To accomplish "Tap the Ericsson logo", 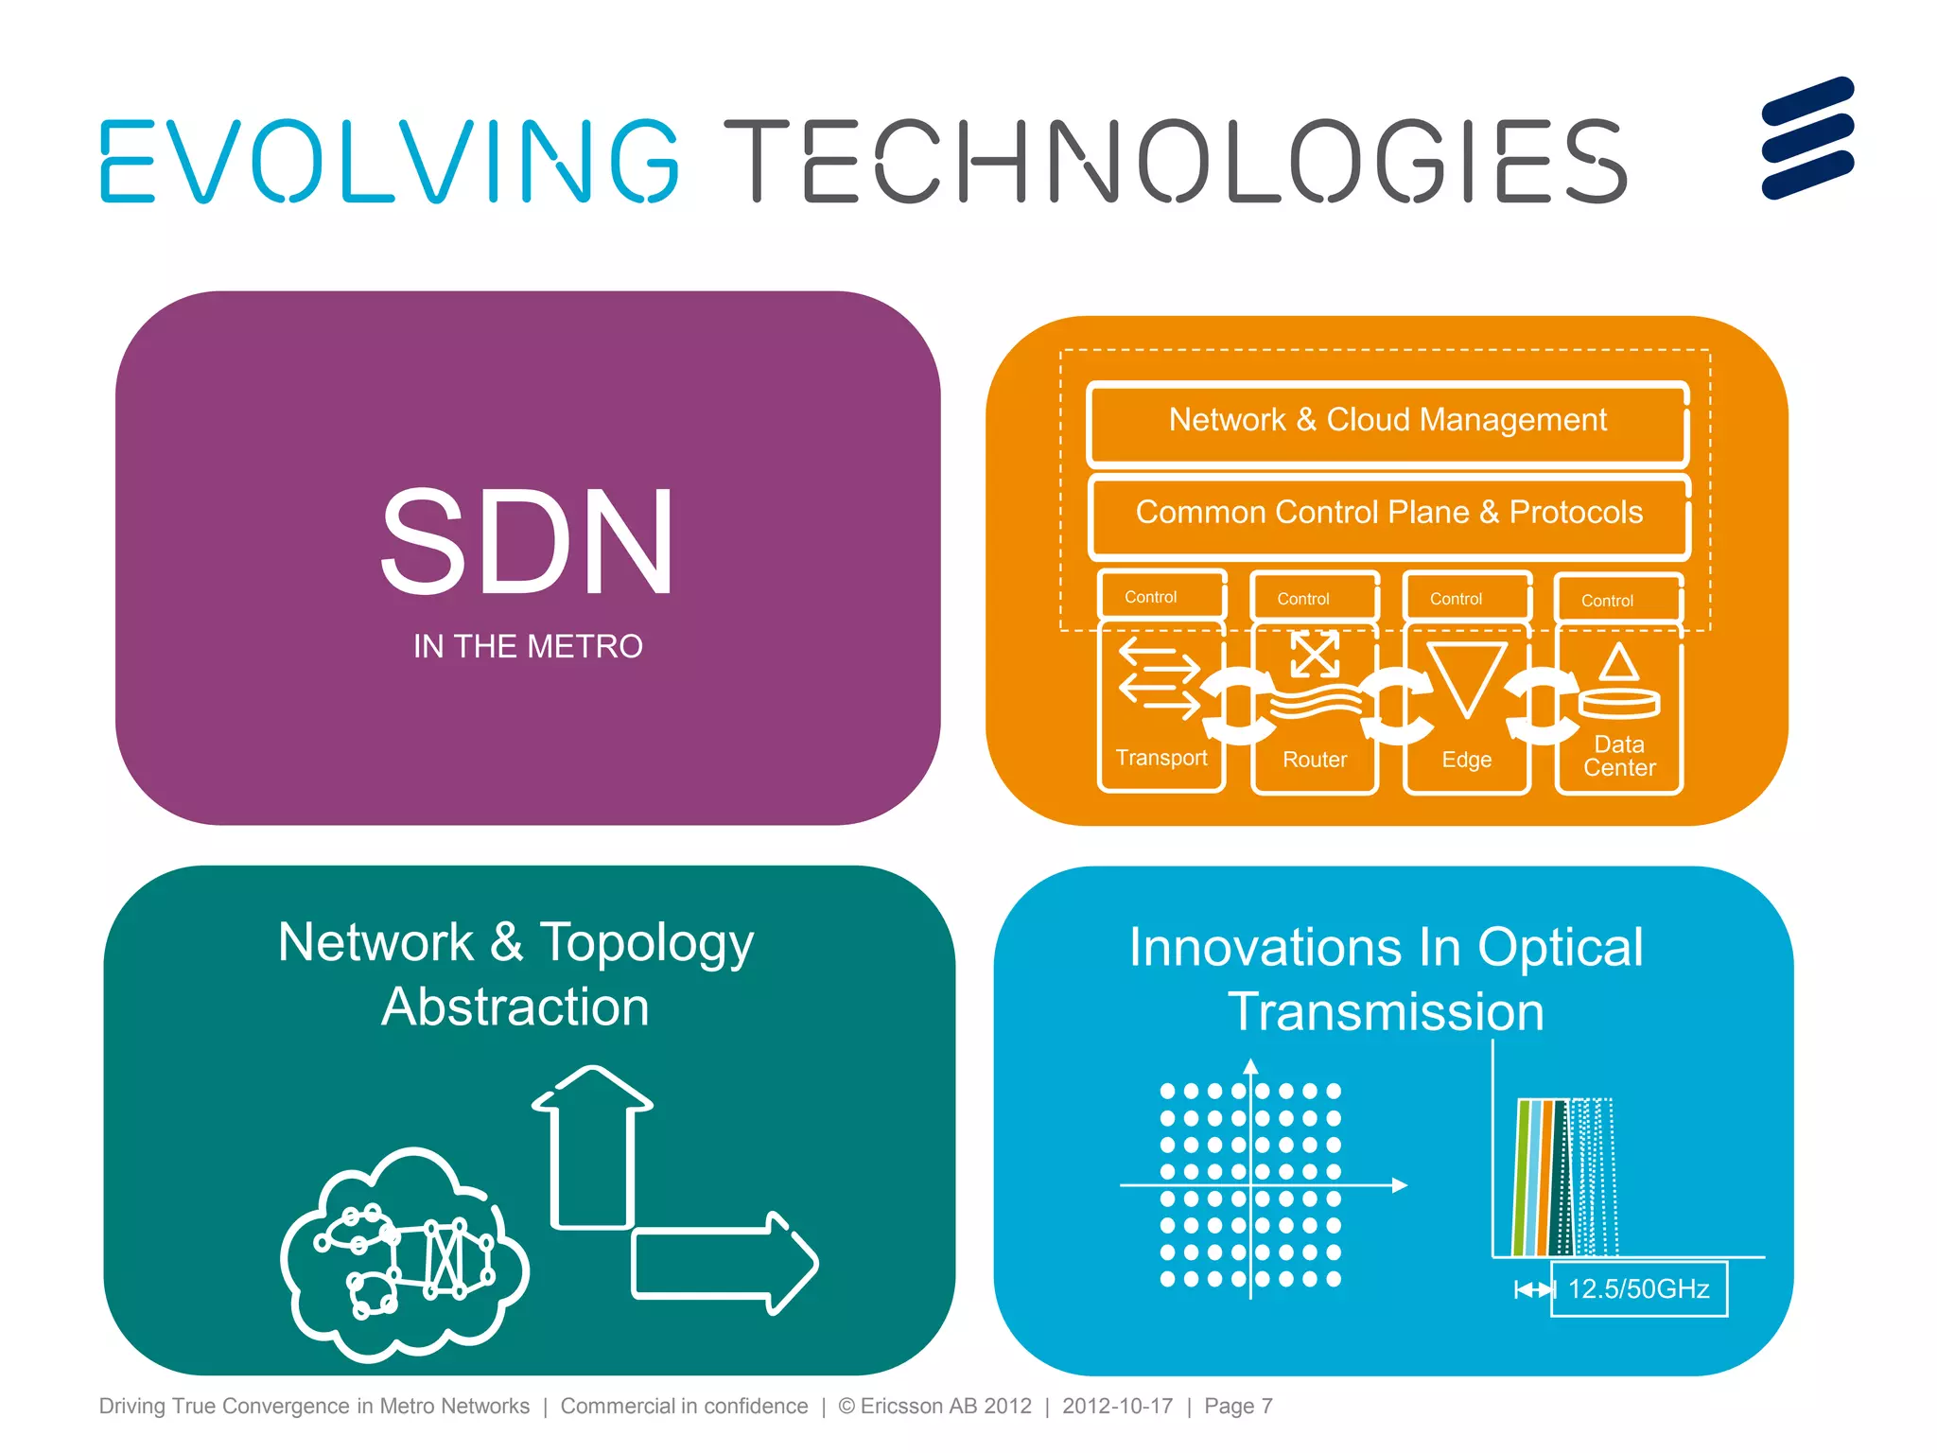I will [x=1807, y=138].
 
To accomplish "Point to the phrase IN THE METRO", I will [x=528, y=647].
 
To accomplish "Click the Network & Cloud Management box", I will [x=1387, y=421].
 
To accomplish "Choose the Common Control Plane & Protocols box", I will [x=1388, y=514].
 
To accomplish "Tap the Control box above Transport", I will [x=1151, y=597].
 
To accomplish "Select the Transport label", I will [x=1161, y=758].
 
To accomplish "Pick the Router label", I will [x=1315, y=760].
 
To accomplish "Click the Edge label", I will [x=1467, y=760].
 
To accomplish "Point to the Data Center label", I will [x=1619, y=756].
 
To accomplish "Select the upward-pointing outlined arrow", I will [x=593, y=1145].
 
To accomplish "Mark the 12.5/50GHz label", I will [x=1638, y=1289].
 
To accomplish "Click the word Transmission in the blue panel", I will [x=1386, y=1012].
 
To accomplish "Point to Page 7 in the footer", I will [x=1238, y=1407].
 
